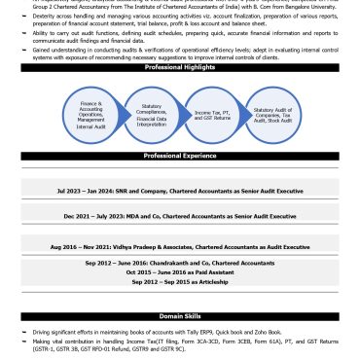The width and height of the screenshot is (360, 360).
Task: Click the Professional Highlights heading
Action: (x=179, y=66)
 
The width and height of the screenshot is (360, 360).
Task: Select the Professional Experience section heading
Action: (x=179, y=156)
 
